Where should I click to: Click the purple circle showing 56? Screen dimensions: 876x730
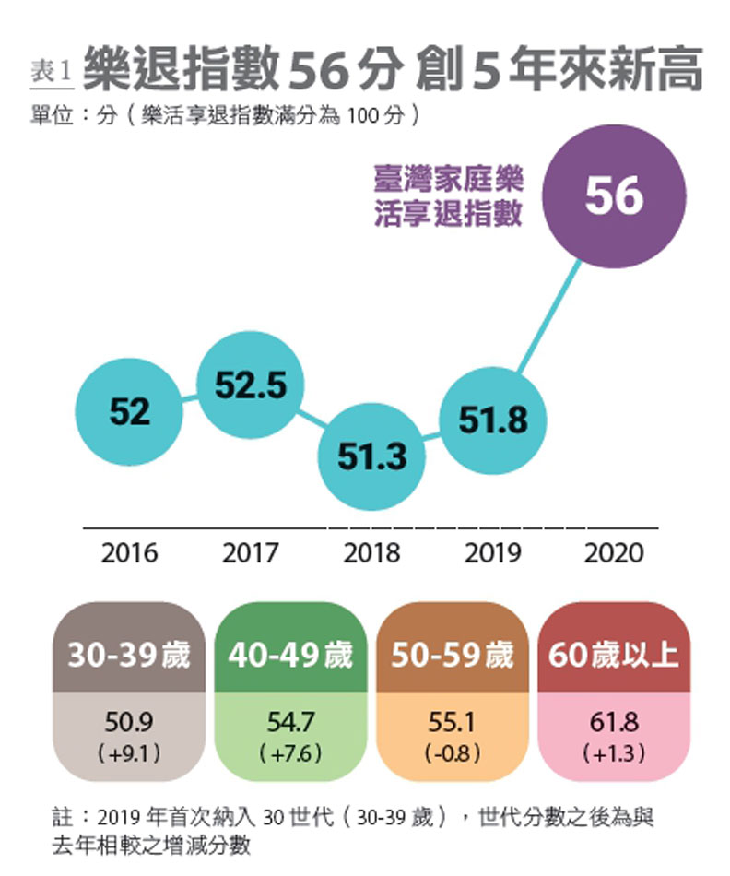point(614,195)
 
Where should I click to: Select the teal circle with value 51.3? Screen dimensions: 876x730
point(371,456)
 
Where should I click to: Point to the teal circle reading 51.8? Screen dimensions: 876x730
point(494,420)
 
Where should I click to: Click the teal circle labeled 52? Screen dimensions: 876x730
point(129,412)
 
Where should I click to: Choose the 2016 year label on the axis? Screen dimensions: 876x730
point(129,553)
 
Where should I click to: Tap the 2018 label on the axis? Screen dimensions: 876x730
point(371,553)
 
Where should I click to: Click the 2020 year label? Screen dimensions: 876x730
point(614,553)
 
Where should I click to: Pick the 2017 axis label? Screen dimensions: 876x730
point(251,553)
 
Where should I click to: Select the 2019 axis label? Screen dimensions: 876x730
point(493,553)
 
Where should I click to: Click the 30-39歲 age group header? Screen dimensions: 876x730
point(129,656)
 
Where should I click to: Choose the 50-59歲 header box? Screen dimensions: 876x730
point(453,656)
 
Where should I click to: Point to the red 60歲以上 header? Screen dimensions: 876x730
point(614,656)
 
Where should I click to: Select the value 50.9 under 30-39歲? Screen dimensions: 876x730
point(129,722)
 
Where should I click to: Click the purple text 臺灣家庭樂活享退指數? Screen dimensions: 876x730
point(448,195)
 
